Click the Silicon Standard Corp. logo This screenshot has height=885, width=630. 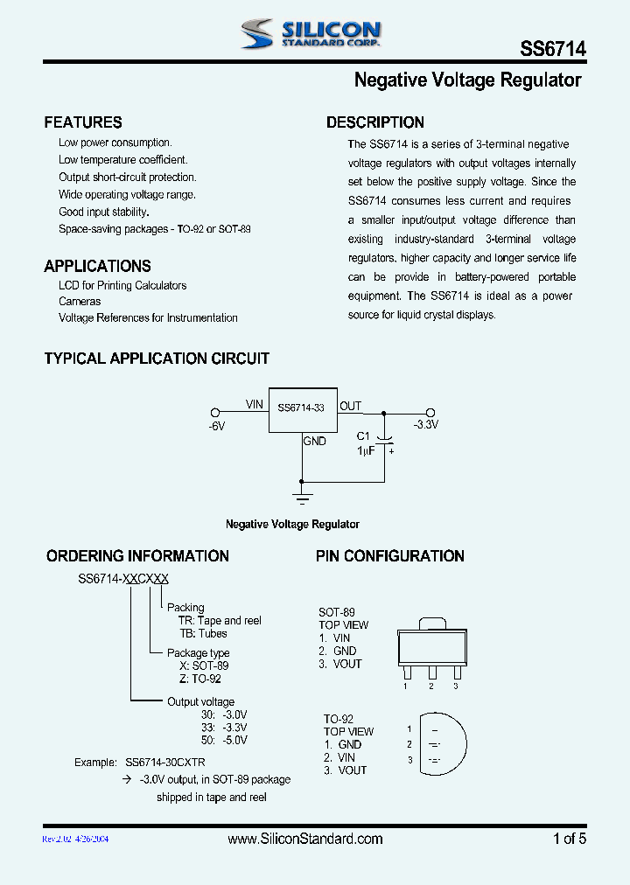point(311,34)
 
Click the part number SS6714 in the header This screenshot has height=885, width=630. point(553,50)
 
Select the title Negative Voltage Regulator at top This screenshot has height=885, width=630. point(467,80)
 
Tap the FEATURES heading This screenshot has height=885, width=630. point(83,122)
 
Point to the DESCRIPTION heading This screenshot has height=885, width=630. point(375,122)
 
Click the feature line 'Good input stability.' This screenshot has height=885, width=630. point(104,212)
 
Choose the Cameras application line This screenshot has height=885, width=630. point(80,302)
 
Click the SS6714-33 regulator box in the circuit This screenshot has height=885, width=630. point(302,408)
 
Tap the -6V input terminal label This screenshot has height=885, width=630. point(217,426)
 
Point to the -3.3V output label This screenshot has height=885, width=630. point(426,424)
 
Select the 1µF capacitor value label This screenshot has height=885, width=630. point(365,450)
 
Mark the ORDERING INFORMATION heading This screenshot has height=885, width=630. point(137,556)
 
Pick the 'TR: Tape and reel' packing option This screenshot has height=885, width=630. point(220,621)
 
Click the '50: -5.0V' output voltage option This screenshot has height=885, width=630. point(224,740)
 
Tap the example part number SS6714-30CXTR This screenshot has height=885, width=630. point(165,763)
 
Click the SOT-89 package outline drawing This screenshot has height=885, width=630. point(430,648)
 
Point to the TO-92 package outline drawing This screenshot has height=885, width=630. point(440,743)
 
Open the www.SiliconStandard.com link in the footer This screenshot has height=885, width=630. point(304,840)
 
